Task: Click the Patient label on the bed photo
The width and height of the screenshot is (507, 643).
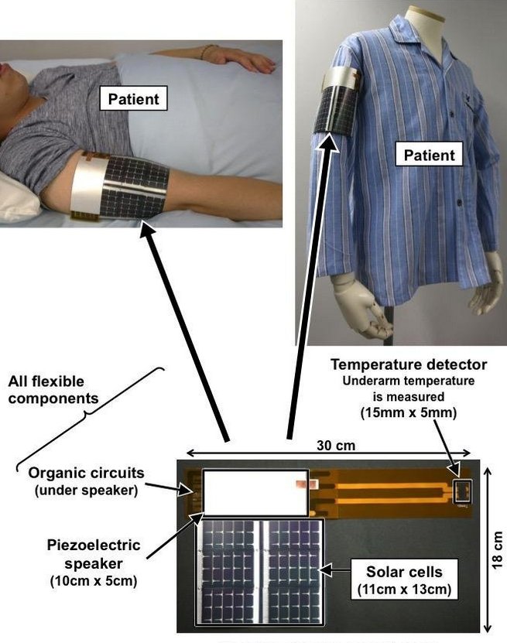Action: click(x=133, y=99)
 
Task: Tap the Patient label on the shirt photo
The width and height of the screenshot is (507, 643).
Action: click(x=430, y=155)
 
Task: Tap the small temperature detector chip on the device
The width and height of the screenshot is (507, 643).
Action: click(x=463, y=489)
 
